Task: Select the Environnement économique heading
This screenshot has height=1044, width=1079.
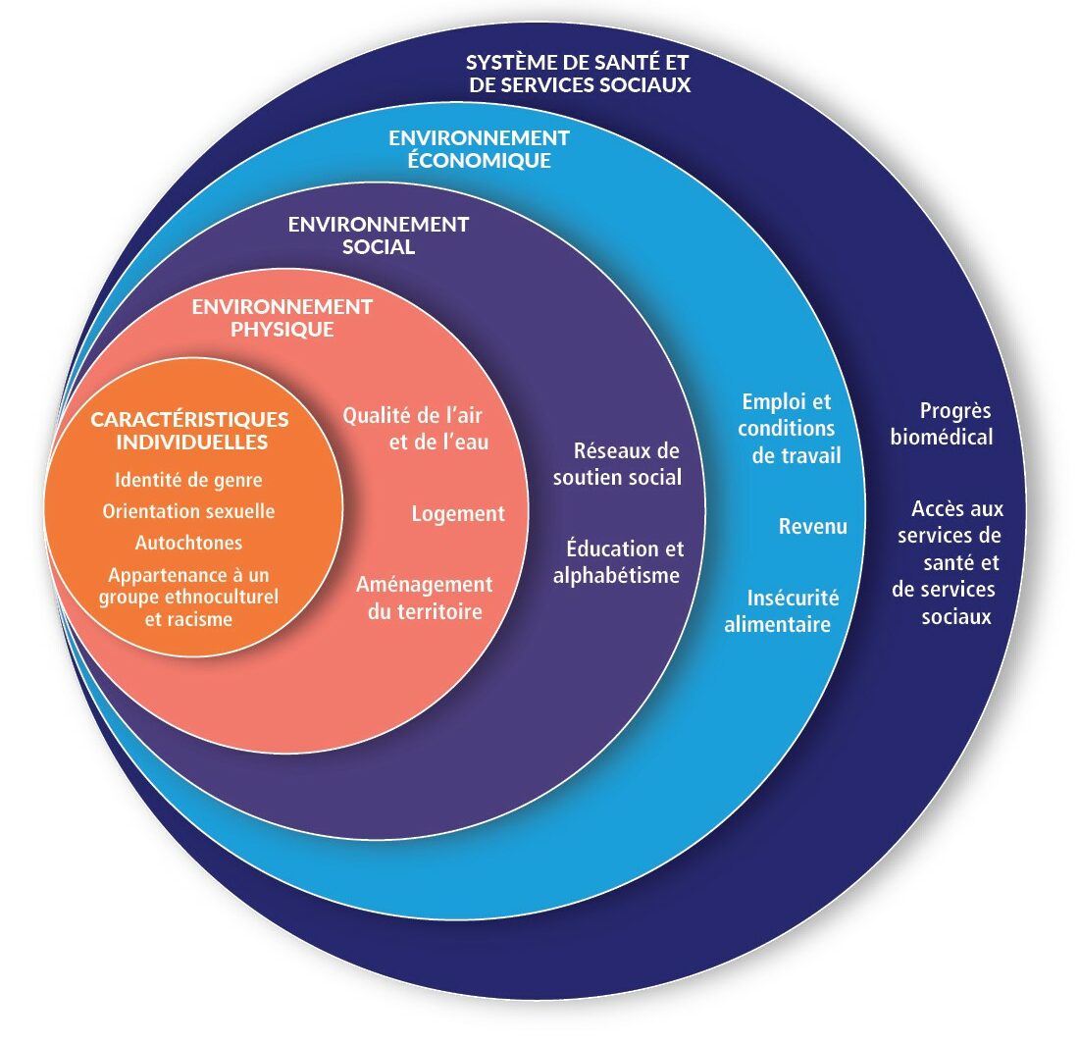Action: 479,148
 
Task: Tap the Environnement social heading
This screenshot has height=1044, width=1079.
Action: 379,235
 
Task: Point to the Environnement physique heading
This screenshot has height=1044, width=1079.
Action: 283,318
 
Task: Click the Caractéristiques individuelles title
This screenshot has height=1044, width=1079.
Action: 190,431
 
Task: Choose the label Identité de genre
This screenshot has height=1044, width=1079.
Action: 189,481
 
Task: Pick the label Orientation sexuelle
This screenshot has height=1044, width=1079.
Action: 188,511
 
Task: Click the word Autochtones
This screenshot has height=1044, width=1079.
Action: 189,542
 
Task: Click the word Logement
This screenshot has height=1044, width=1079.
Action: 458,513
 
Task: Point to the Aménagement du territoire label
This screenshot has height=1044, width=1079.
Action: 424,598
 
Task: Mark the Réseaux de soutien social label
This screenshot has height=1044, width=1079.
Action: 617,464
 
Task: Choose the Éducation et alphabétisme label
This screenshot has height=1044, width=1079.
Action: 618,562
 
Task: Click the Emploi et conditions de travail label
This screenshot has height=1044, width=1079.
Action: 788,429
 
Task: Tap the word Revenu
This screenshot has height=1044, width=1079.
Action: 813,526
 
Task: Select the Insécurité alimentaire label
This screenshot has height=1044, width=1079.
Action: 781,610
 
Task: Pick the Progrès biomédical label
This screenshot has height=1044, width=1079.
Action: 942,423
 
